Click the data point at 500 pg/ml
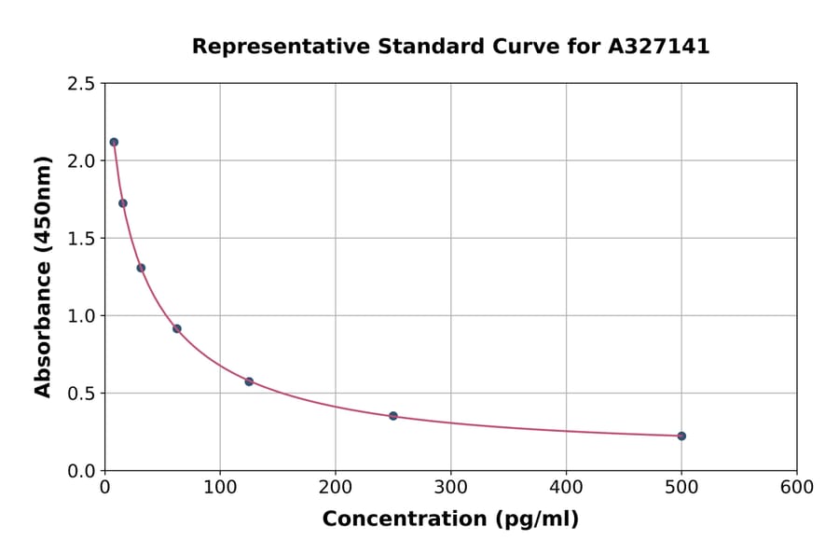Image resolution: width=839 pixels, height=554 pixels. [681, 436]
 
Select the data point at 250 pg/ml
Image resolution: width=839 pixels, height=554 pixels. [393, 416]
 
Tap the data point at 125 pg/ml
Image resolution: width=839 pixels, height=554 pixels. [249, 381]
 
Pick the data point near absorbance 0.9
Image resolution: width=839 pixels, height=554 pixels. [177, 328]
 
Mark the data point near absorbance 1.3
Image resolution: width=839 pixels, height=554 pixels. [141, 268]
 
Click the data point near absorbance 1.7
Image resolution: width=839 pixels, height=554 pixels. [123, 203]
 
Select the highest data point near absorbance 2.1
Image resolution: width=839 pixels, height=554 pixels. [114, 142]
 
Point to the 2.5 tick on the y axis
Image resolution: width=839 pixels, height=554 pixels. [82, 84]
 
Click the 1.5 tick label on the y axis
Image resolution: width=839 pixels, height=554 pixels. [82, 239]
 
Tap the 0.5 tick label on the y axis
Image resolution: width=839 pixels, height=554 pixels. [82, 394]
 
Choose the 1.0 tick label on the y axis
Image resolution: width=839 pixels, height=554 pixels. [82, 316]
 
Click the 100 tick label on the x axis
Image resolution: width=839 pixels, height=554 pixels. [220, 487]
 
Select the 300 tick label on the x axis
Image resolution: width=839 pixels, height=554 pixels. [451, 487]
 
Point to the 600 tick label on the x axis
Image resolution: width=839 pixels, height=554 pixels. [797, 487]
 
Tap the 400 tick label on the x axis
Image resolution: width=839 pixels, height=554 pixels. [566, 487]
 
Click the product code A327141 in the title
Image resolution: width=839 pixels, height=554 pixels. [660, 47]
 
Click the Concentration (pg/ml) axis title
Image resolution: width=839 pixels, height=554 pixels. [450, 519]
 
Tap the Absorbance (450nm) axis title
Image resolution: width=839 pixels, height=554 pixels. [43, 276]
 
